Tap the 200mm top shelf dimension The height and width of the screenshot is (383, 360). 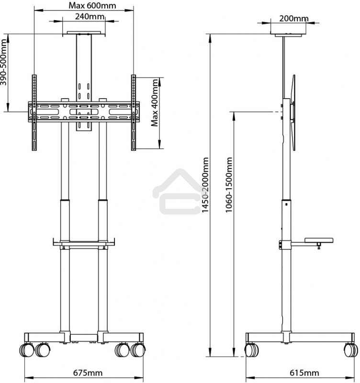[x=293, y=19]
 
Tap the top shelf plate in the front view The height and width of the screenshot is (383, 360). [x=84, y=34]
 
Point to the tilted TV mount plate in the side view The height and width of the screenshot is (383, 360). [x=293, y=113]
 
